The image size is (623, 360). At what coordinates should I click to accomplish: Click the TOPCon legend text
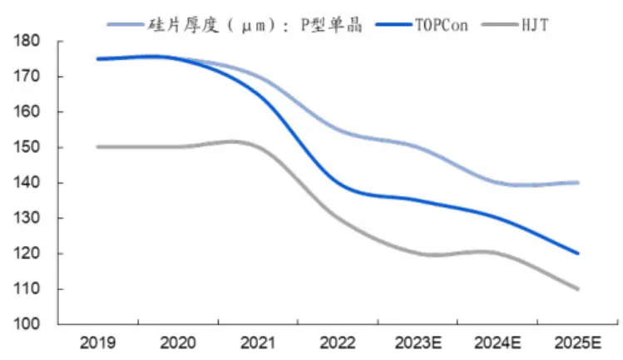point(442,23)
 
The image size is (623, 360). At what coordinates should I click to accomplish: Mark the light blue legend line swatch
point(126,24)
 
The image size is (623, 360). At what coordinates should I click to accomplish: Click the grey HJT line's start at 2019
point(97,146)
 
